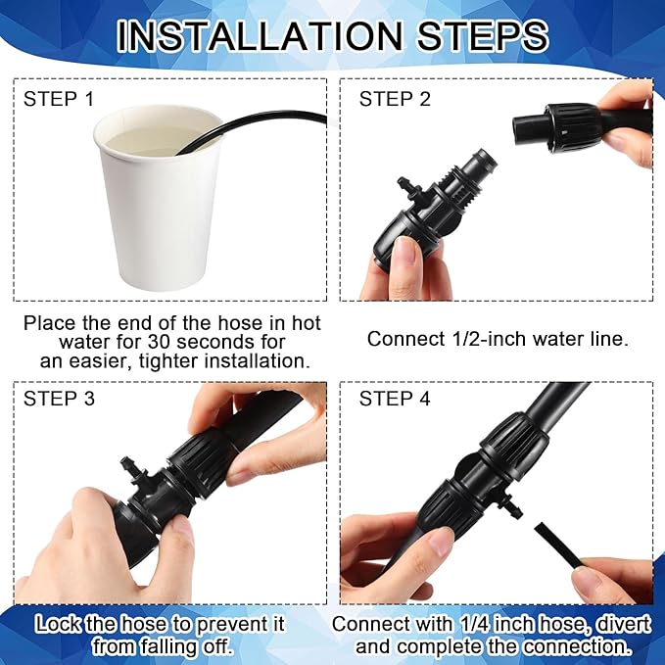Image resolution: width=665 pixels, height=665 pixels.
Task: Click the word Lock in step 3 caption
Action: [60, 624]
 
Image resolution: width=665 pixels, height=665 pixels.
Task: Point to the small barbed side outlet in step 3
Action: [127, 464]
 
